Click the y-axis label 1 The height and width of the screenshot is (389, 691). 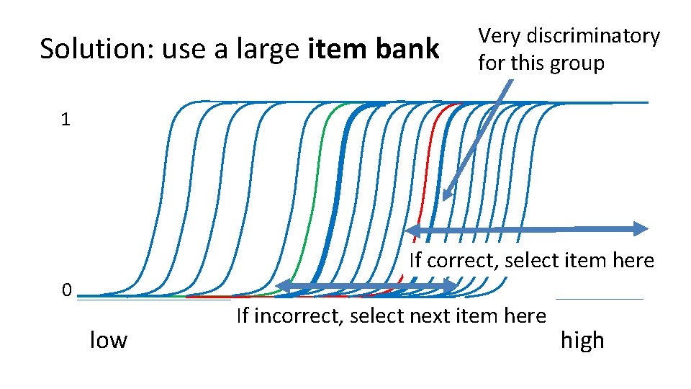(66, 120)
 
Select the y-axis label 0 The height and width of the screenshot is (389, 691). (66, 290)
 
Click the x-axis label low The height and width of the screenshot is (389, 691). (108, 339)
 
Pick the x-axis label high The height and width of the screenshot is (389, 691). (582, 340)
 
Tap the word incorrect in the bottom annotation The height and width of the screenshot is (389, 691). (287, 316)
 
